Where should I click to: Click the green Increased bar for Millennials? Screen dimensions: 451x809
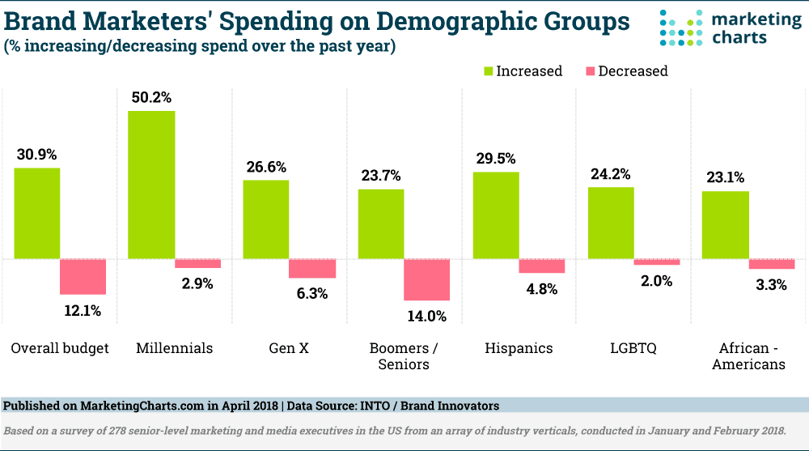(x=151, y=185)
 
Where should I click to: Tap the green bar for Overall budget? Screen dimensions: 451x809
(x=36, y=213)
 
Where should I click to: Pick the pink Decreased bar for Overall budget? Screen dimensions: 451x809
(x=83, y=277)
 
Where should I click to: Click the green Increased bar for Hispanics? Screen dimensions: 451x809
(x=496, y=215)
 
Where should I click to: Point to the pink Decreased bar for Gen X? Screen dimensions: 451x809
(x=312, y=269)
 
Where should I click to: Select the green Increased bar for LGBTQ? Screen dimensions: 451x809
(x=611, y=223)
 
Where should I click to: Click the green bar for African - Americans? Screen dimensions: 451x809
(x=726, y=225)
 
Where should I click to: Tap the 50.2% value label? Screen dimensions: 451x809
(x=151, y=97)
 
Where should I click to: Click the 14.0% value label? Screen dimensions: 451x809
(x=427, y=316)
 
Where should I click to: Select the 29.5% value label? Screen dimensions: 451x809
(x=496, y=159)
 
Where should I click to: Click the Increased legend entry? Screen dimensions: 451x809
(x=522, y=71)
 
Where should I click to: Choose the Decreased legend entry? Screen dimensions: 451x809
(x=625, y=71)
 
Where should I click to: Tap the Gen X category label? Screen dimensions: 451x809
(x=289, y=348)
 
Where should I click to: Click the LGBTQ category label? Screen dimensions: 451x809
(x=633, y=348)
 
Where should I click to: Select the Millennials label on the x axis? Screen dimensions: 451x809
(x=174, y=348)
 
